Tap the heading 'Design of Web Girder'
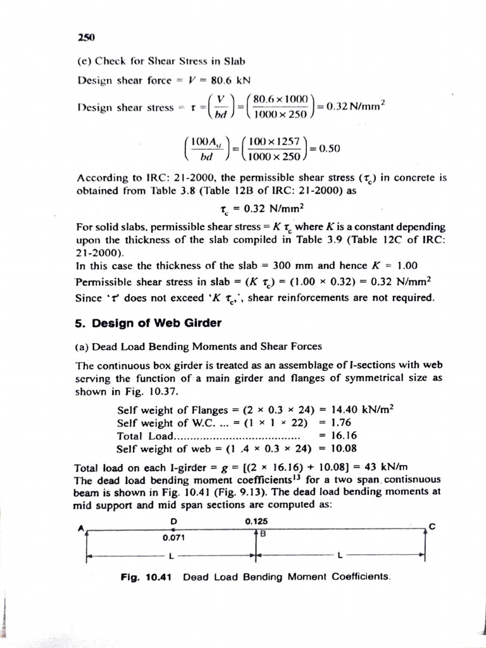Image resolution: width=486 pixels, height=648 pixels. point(148,323)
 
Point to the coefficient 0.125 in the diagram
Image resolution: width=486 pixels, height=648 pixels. point(256,521)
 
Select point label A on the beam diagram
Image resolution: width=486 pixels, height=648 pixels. point(81,528)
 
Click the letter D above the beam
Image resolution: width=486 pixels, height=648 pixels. point(173,521)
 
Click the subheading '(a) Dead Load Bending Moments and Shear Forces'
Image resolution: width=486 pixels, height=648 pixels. point(198,346)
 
